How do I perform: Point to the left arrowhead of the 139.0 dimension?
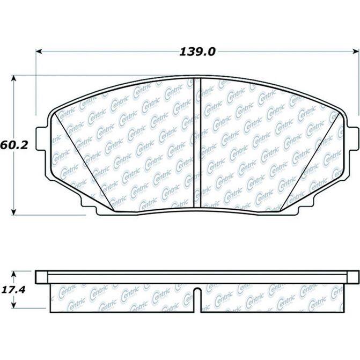tap(39, 52)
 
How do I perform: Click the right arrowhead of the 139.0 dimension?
tap(354, 52)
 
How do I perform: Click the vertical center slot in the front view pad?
tap(196, 144)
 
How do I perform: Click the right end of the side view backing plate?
tap(355, 277)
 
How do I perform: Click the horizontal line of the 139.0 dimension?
tap(118, 52)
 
